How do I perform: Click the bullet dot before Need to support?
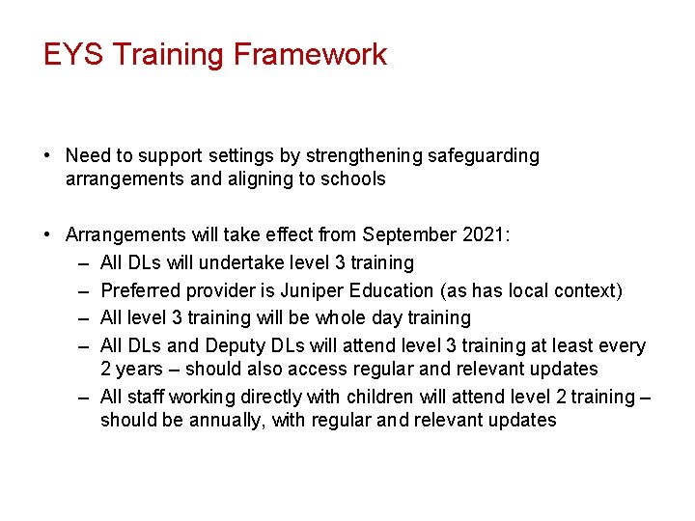(x=47, y=156)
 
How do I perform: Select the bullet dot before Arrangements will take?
(x=47, y=235)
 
